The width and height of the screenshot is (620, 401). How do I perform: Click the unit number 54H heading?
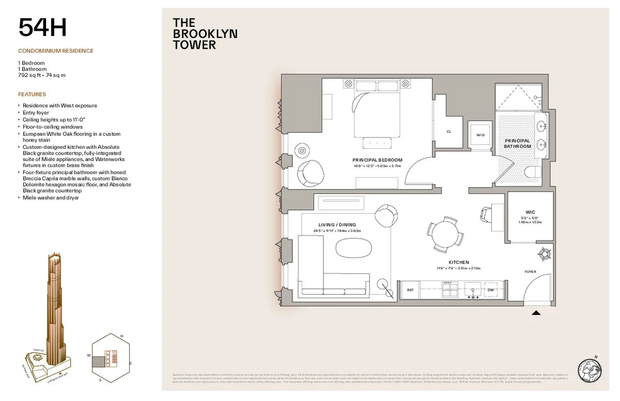43,27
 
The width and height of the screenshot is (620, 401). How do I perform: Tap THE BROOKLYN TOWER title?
205,34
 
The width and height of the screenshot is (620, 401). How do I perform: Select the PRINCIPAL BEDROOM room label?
377,160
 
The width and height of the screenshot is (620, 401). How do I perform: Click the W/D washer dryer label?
481,135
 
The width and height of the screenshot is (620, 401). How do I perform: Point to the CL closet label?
448,132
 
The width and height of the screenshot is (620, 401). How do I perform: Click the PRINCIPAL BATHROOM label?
517,144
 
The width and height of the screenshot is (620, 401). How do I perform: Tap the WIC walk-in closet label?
530,212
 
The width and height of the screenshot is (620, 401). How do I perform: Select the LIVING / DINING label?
337,225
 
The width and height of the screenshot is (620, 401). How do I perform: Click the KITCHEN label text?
458,263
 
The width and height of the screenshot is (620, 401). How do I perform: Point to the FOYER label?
530,272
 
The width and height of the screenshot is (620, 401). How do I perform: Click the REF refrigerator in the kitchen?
410,290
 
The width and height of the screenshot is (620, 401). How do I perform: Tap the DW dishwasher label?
491,290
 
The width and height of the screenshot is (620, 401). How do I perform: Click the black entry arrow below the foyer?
536,313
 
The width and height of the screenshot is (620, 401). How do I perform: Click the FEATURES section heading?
32,95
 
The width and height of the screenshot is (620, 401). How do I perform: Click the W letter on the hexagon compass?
88,356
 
